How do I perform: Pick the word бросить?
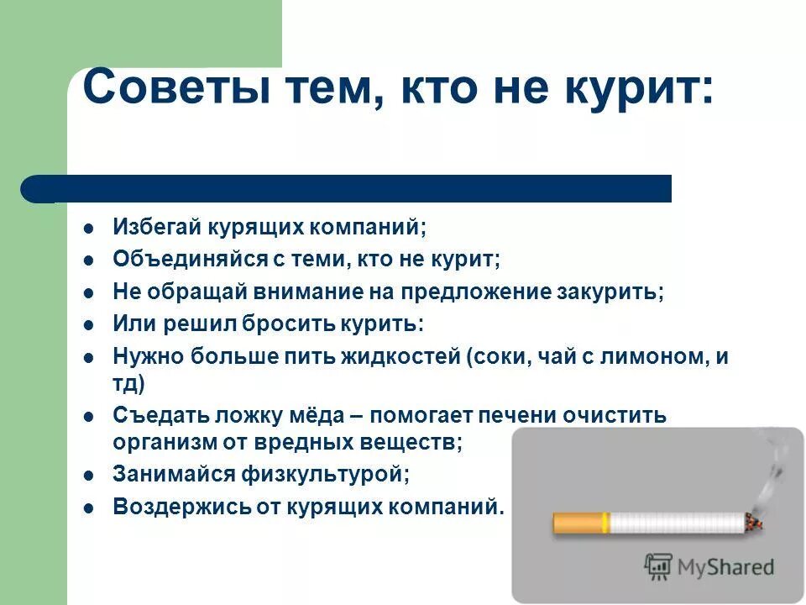[x=290, y=324]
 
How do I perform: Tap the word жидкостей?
[x=400, y=355]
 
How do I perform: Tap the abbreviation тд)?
[x=128, y=384]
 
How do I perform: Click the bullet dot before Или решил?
[x=88, y=324]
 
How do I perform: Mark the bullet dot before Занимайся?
[x=88, y=475]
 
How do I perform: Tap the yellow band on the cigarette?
[x=604, y=523]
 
